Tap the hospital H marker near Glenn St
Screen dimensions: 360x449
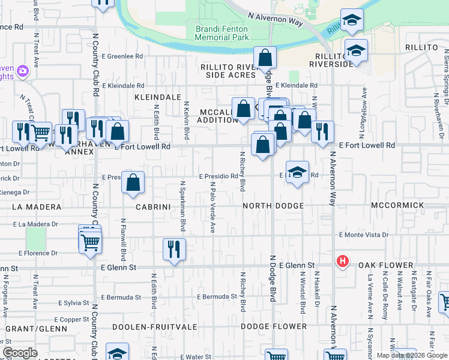(x=342, y=262)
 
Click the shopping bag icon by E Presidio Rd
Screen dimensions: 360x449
(x=133, y=182)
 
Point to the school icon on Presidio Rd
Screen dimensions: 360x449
(x=297, y=173)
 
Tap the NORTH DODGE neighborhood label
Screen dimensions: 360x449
(x=273, y=206)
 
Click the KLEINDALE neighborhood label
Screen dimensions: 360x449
(x=158, y=96)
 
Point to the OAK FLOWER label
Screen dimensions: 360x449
(x=387, y=265)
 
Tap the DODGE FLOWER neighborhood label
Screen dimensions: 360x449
(x=274, y=327)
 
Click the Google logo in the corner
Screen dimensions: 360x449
(x=20, y=353)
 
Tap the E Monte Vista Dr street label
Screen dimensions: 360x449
(x=364, y=235)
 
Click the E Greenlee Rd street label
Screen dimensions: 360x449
(x=122, y=56)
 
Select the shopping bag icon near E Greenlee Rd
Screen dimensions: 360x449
(x=265, y=59)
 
